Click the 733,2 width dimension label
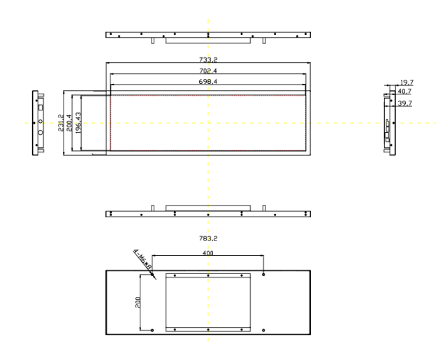[x=208, y=60]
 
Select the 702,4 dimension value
[x=208, y=71]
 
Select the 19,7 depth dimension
[x=406, y=82]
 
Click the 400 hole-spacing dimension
[x=208, y=253]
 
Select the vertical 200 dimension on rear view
[x=138, y=302]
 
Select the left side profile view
[x=38, y=122]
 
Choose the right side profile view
[x=388, y=122]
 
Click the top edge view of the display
[x=208, y=36]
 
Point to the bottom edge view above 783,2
[x=208, y=213]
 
